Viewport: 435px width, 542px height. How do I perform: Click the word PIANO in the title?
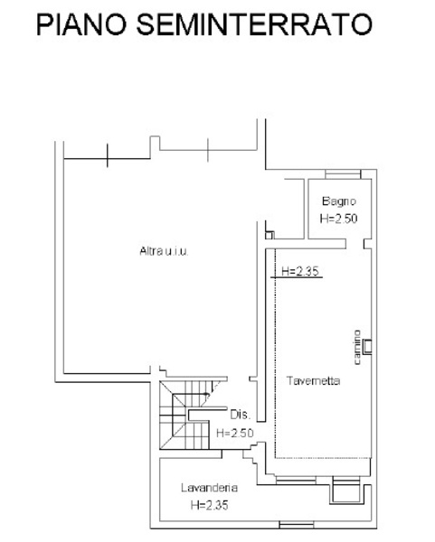[81, 24]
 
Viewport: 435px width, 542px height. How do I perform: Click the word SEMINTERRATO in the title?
[254, 24]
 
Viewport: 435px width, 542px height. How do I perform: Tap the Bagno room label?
[339, 201]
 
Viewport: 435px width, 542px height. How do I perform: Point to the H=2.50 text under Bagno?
[338, 219]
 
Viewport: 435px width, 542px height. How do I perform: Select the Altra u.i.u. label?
[164, 251]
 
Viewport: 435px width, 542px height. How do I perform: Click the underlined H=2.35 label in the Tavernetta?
[299, 271]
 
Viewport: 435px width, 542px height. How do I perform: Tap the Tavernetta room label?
[313, 380]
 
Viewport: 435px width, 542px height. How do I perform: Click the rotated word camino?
[357, 347]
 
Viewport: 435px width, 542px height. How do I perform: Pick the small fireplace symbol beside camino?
[367, 347]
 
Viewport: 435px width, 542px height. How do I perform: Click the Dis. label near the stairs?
[241, 415]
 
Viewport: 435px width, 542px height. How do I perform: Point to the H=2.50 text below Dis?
[235, 433]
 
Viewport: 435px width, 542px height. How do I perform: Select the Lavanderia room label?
[210, 488]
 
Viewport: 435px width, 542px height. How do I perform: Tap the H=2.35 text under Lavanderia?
[210, 505]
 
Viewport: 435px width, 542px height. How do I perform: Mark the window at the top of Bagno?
[343, 173]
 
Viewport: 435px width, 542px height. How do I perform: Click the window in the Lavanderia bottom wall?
[297, 525]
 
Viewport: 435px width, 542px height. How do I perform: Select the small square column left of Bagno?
[270, 235]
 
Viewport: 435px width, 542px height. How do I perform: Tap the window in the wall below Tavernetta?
[296, 481]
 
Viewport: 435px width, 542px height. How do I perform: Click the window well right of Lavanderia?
[346, 491]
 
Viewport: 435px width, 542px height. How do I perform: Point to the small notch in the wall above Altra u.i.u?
[155, 143]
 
